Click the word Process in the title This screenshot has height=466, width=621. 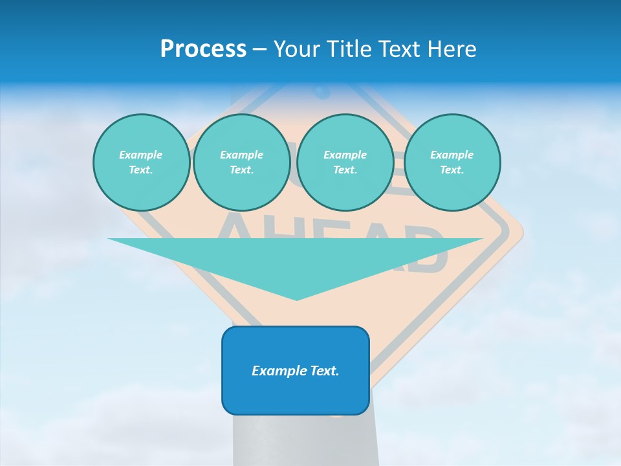click(x=203, y=49)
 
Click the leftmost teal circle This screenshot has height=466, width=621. click(x=141, y=162)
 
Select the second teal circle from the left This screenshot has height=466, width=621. click(x=241, y=162)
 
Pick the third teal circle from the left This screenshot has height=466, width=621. click(x=345, y=162)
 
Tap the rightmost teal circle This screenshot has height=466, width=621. click(x=452, y=162)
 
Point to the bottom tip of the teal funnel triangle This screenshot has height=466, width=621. click(x=296, y=298)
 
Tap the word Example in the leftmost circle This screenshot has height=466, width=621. click(x=141, y=155)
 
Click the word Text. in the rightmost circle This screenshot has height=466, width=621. click(x=452, y=170)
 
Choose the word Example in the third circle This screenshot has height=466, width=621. click(x=345, y=155)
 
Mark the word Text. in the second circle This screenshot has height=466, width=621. click(x=241, y=170)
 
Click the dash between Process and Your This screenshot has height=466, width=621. click(x=260, y=49)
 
